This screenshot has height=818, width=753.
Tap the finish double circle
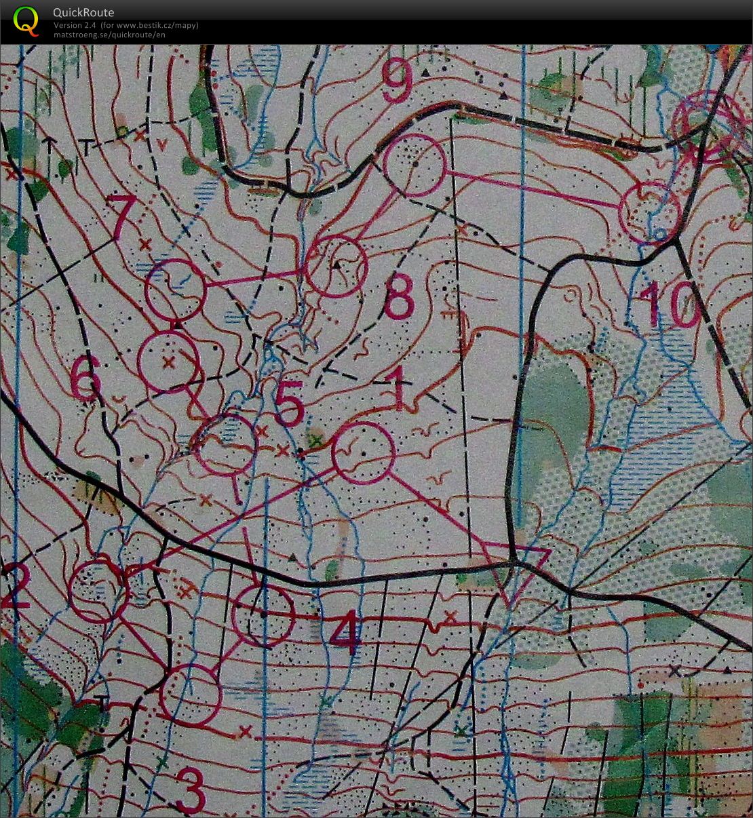point(708,125)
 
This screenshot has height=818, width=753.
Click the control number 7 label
point(122,216)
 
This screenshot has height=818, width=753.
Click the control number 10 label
point(668,305)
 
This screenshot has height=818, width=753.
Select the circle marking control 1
point(363,452)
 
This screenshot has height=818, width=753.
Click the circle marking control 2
point(100,591)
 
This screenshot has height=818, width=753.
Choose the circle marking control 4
point(263,615)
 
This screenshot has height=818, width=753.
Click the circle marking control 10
point(650,212)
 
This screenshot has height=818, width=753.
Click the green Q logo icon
point(26,20)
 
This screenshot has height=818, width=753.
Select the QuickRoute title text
point(83,12)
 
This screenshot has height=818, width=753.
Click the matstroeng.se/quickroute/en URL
point(109,35)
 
